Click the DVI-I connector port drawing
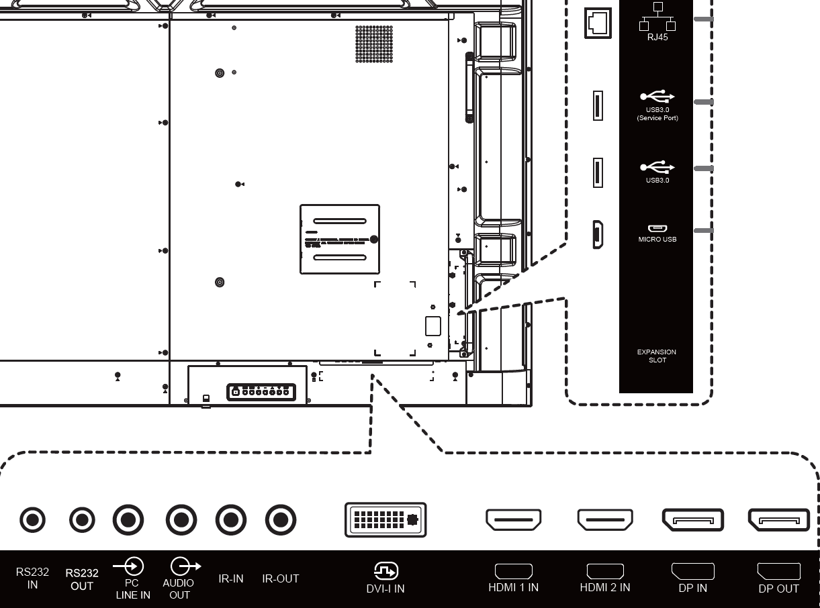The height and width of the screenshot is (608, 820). point(385,519)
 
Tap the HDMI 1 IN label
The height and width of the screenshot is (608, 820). point(513,587)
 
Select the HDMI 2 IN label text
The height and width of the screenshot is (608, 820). point(604,587)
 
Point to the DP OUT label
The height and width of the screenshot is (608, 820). point(778,589)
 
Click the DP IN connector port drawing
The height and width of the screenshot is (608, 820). point(693,520)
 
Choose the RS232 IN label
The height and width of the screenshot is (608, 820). point(32,578)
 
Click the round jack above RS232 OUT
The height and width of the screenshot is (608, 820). point(82,520)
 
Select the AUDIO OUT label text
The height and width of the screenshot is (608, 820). point(179,589)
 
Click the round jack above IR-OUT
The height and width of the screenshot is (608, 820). point(281,520)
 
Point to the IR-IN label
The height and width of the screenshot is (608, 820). point(230,578)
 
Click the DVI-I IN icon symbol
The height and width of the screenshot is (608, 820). point(385,571)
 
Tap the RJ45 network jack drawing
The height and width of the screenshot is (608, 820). point(598,23)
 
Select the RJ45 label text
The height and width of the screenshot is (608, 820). point(657,38)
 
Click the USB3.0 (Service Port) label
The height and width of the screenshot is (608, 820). point(657,113)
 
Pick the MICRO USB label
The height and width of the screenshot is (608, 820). point(657,240)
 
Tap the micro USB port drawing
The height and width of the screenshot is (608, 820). point(598,235)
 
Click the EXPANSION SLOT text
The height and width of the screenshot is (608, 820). point(657,356)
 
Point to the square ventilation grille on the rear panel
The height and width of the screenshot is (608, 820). point(374,44)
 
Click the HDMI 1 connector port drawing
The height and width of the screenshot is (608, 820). point(514,519)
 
